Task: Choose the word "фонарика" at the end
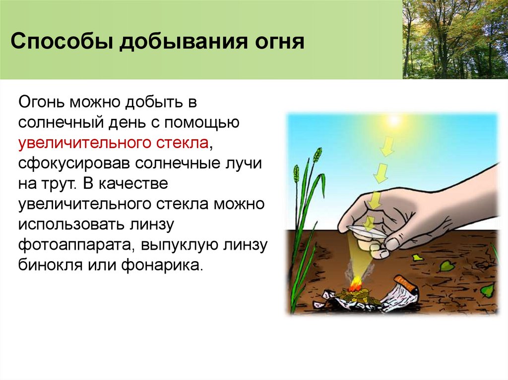169,265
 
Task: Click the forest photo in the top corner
455,39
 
